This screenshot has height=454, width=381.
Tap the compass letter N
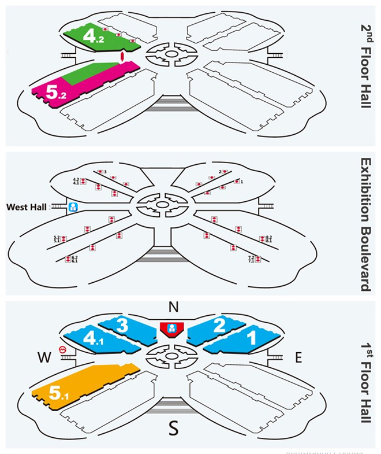point(171,307)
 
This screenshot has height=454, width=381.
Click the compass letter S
point(171,429)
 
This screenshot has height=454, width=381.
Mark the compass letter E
point(298,358)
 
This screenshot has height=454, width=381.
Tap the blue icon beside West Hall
point(74,206)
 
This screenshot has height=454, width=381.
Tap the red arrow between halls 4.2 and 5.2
point(122,57)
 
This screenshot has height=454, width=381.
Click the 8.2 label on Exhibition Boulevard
point(268,237)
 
